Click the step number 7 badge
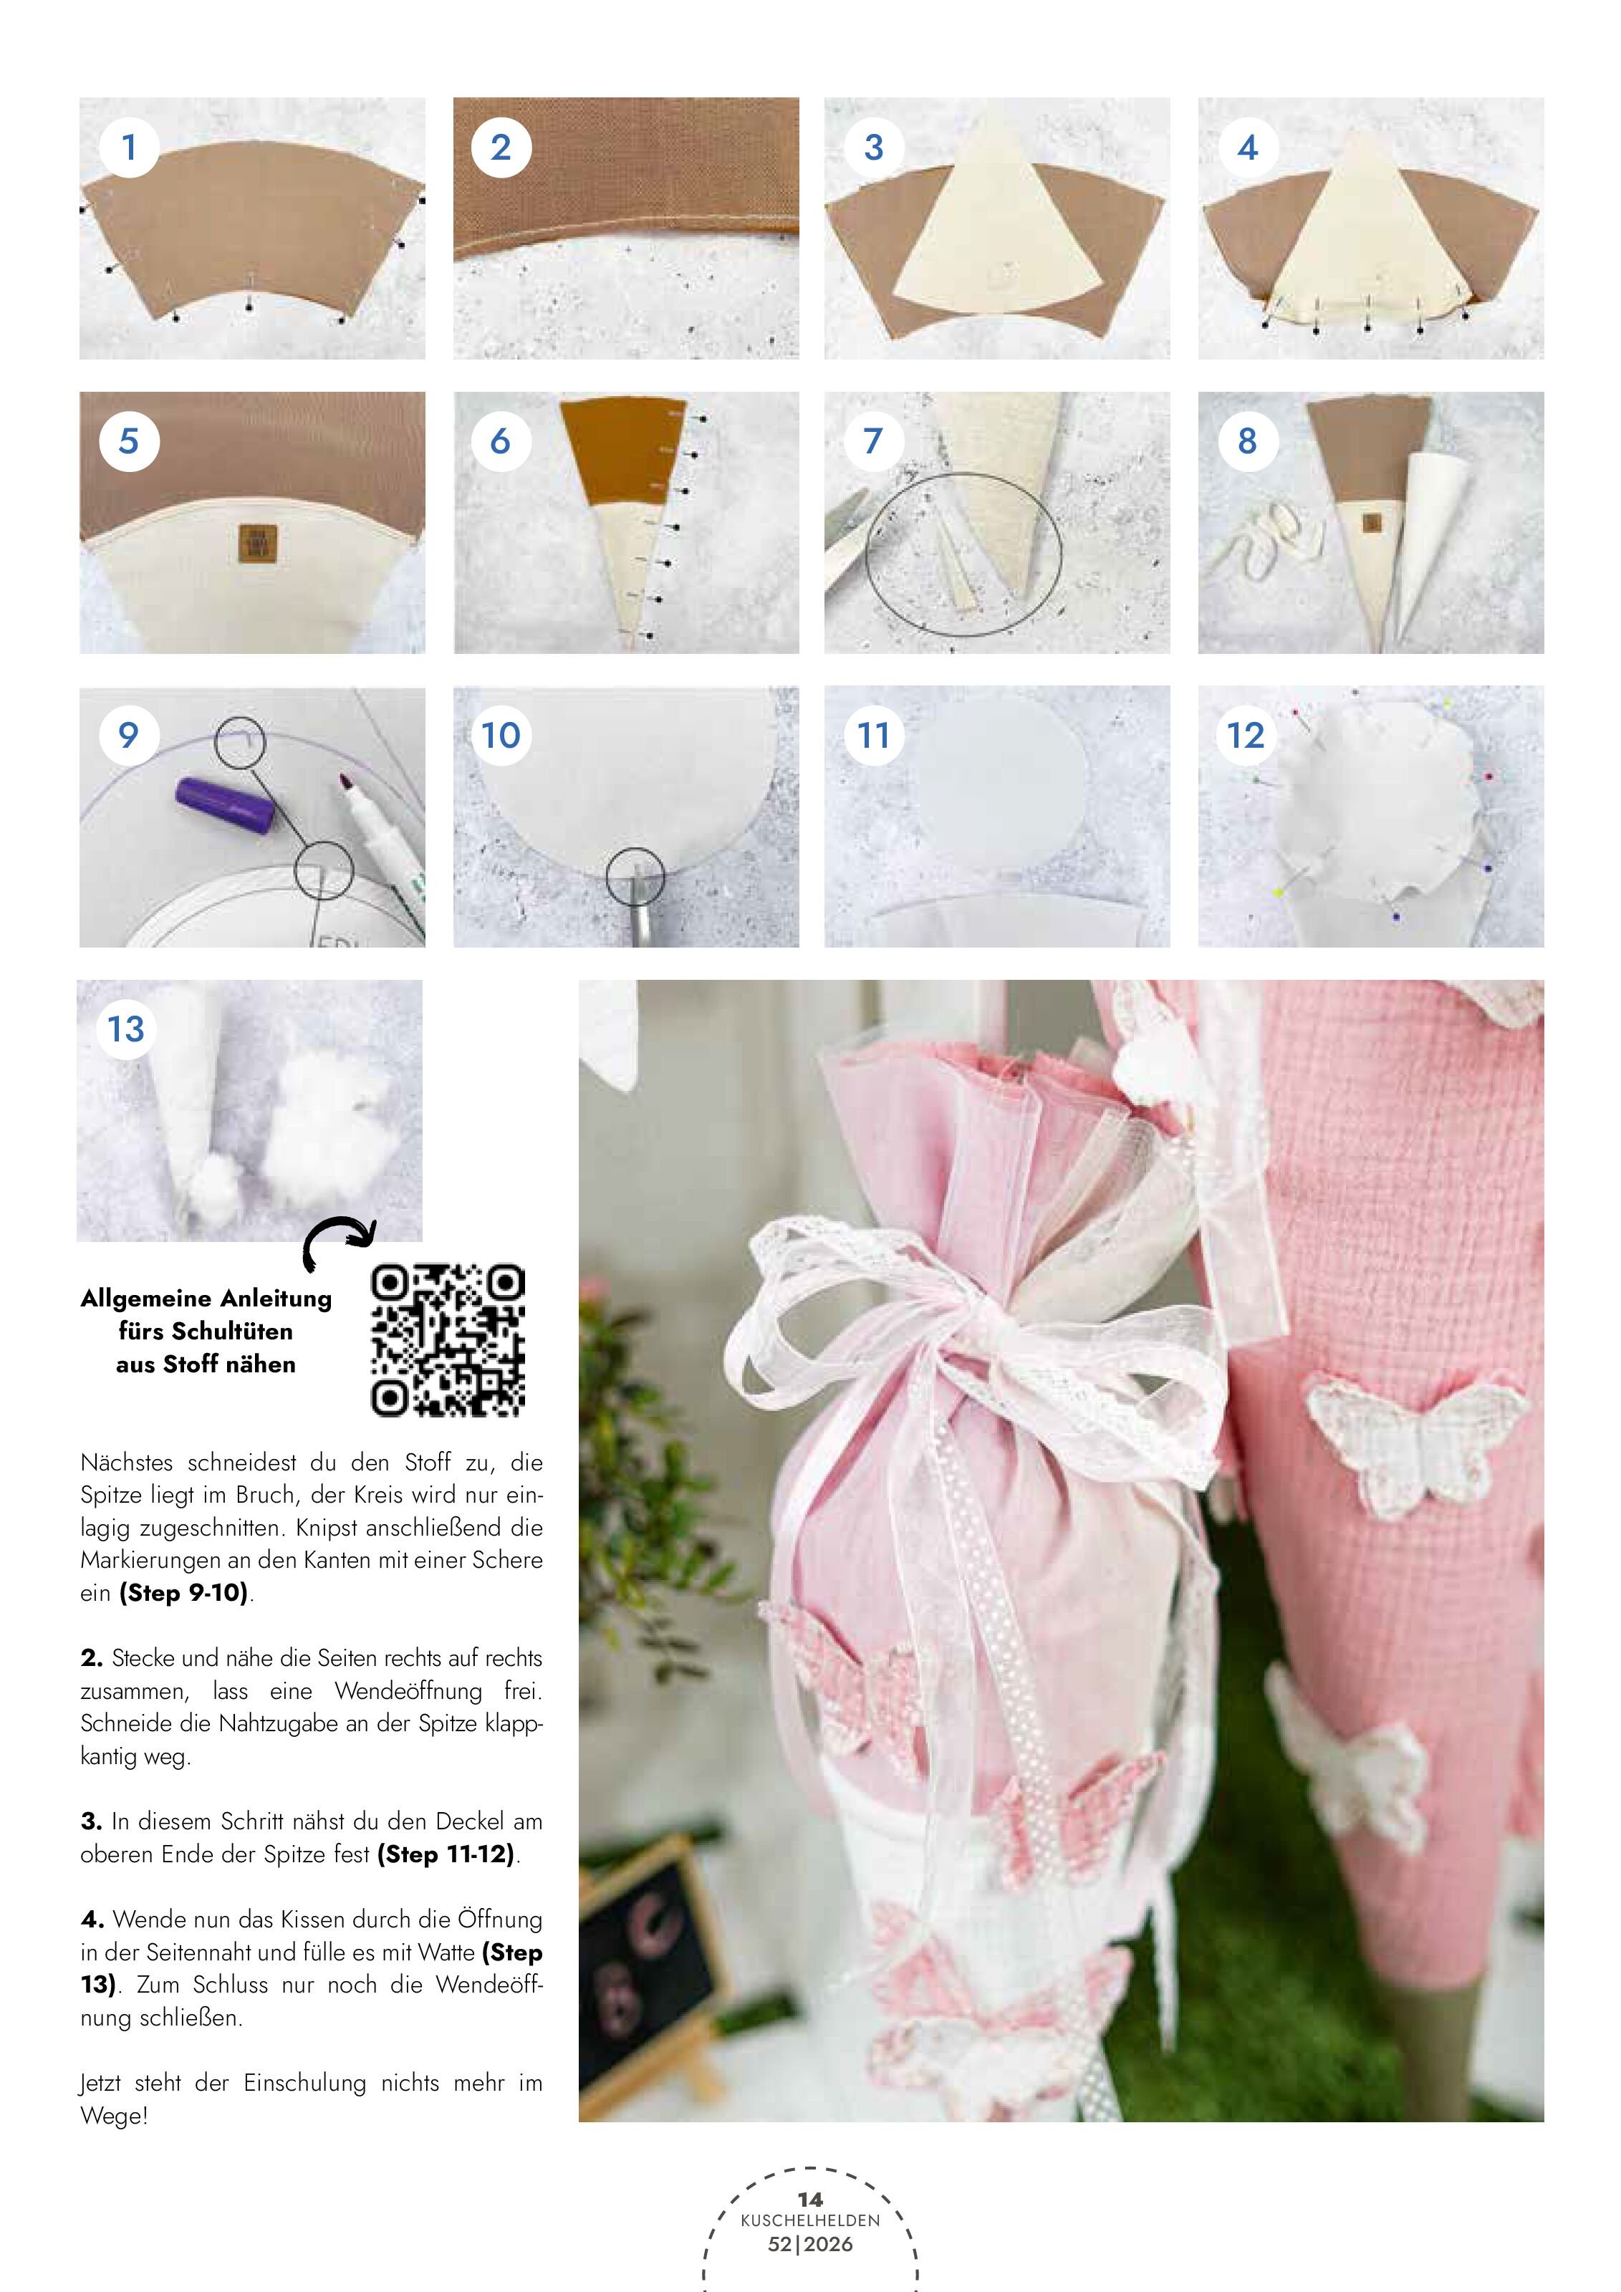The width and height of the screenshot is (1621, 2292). click(x=873, y=441)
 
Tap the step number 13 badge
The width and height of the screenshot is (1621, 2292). click(x=126, y=1029)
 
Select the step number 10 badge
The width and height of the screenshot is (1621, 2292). click(x=501, y=736)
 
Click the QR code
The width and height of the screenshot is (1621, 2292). click(x=448, y=1341)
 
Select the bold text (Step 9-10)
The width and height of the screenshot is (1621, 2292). click(x=183, y=1592)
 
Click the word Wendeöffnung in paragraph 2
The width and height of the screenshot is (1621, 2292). click(x=408, y=1691)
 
